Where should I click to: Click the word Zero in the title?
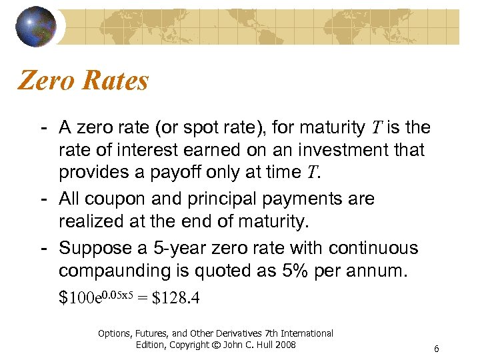pyautogui.click(x=46, y=81)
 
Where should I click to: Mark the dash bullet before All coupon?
pyautogui.click(x=43, y=199)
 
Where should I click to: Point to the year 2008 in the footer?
pyautogui.click(x=285, y=344)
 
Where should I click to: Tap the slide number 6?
pyautogui.click(x=435, y=349)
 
